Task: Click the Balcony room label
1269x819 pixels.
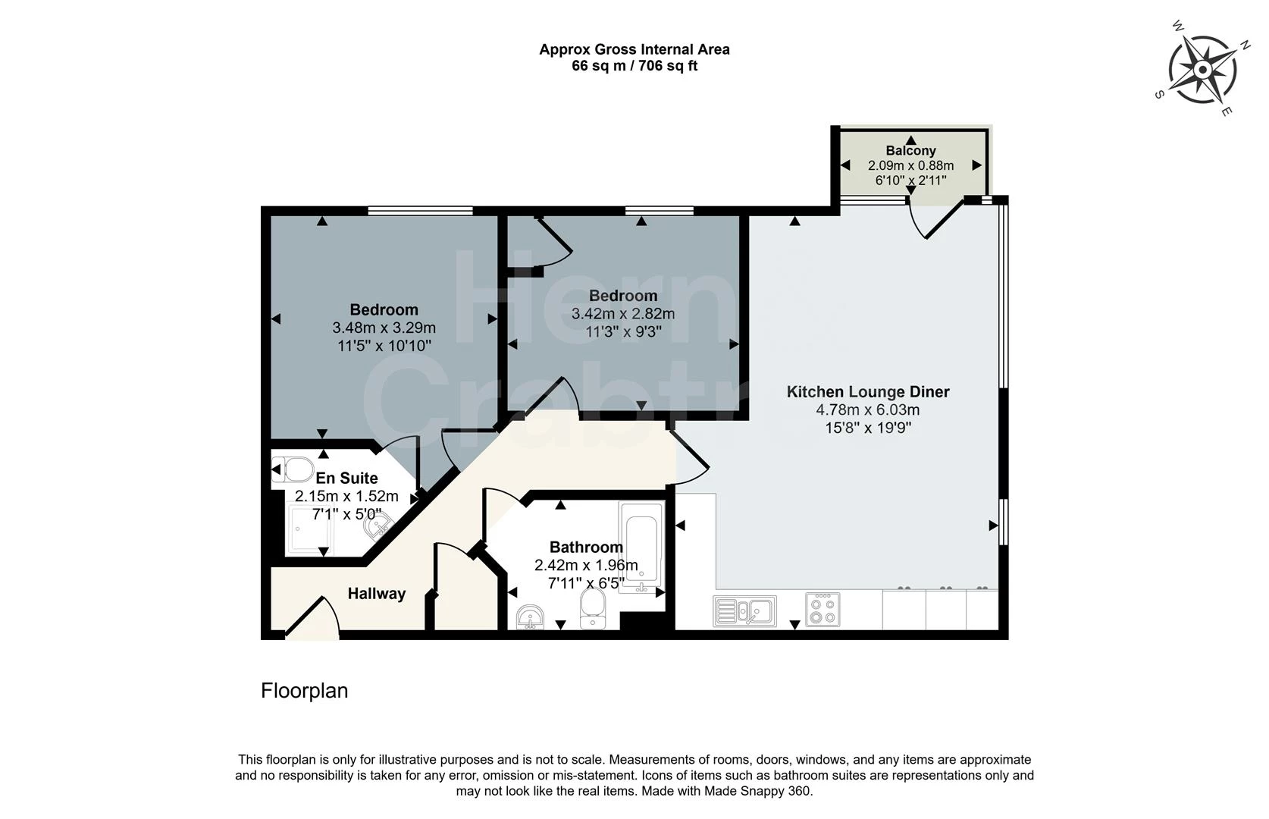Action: tap(910, 151)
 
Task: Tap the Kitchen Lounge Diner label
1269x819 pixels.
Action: tap(867, 392)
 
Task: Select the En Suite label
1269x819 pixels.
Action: tap(346, 479)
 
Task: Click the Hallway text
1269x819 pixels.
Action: tap(377, 594)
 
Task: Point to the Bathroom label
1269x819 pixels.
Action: tap(586, 548)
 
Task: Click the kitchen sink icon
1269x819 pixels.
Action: tap(744, 610)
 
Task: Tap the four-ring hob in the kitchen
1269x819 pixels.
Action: tap(822, 610)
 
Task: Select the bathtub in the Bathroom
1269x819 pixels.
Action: tap(641, 547)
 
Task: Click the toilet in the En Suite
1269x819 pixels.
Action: tap(293, 469)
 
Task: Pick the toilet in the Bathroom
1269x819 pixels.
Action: tap(593, 610)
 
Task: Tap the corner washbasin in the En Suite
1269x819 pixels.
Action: tap(377, 523)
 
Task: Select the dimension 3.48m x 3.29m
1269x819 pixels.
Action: tap(384, 328)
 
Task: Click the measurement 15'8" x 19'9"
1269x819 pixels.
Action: tap(867, 428)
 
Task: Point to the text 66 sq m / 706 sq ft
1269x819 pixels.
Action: tap(634, 66)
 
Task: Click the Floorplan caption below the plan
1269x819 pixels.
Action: tap(304, 691)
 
